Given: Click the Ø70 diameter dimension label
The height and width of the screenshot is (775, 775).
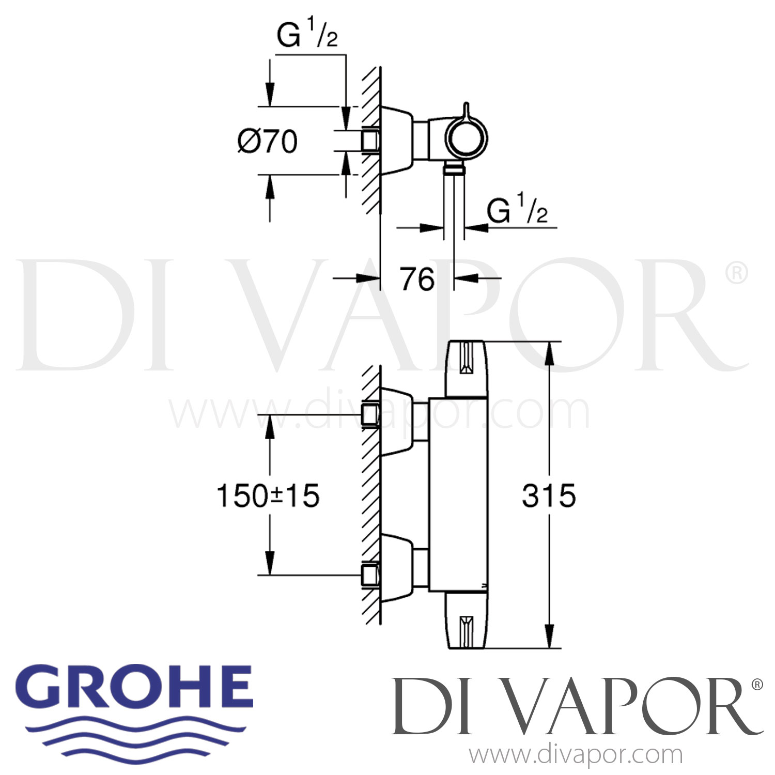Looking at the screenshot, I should pos(267,142).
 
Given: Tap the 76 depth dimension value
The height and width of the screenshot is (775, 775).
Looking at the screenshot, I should pos(417,280).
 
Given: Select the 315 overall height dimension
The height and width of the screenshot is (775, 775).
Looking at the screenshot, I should pos(549,496).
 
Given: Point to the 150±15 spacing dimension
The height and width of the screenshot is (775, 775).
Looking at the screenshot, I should pos(268,496).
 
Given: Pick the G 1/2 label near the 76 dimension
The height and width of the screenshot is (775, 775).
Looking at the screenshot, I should pos(517,211).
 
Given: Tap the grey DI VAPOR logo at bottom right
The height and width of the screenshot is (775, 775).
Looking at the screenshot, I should pos(577,706).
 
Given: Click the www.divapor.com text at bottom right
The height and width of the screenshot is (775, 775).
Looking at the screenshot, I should pos(576,755).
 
